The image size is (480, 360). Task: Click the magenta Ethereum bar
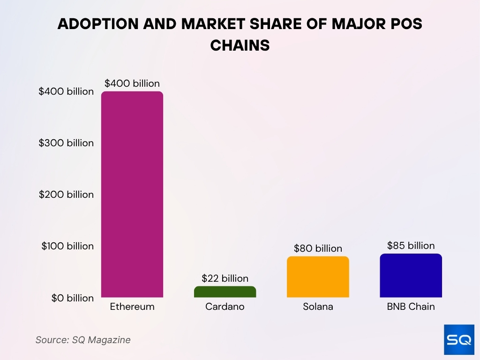tap(132, 194)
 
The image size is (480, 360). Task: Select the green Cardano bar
tap(225, 292)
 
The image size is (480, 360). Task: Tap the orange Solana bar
tap(318, 277)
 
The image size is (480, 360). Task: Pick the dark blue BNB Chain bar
tap(411, 276)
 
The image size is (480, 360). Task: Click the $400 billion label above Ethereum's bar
tap(132, 83)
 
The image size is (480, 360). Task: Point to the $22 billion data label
tap(225, 278)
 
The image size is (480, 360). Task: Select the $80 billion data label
tap(318, 248)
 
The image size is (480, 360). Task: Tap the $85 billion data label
tap(411, 246)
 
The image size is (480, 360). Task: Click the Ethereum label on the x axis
tap(132, 307)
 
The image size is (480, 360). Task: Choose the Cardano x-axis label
tap(225, 307)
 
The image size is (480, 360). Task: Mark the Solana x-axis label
tap(318, 307)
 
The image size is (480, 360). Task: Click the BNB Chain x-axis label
tap(411, 307)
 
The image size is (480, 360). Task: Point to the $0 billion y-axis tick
tap(73, 298)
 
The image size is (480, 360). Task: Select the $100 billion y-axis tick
tap(67, 246)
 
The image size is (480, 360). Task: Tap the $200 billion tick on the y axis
tap(67, 195)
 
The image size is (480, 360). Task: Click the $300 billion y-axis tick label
tap(67, 143)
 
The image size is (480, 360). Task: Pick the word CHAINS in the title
tap(240, 45)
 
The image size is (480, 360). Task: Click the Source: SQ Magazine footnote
tap(83, 340)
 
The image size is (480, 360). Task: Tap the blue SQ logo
tap(459, 339)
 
